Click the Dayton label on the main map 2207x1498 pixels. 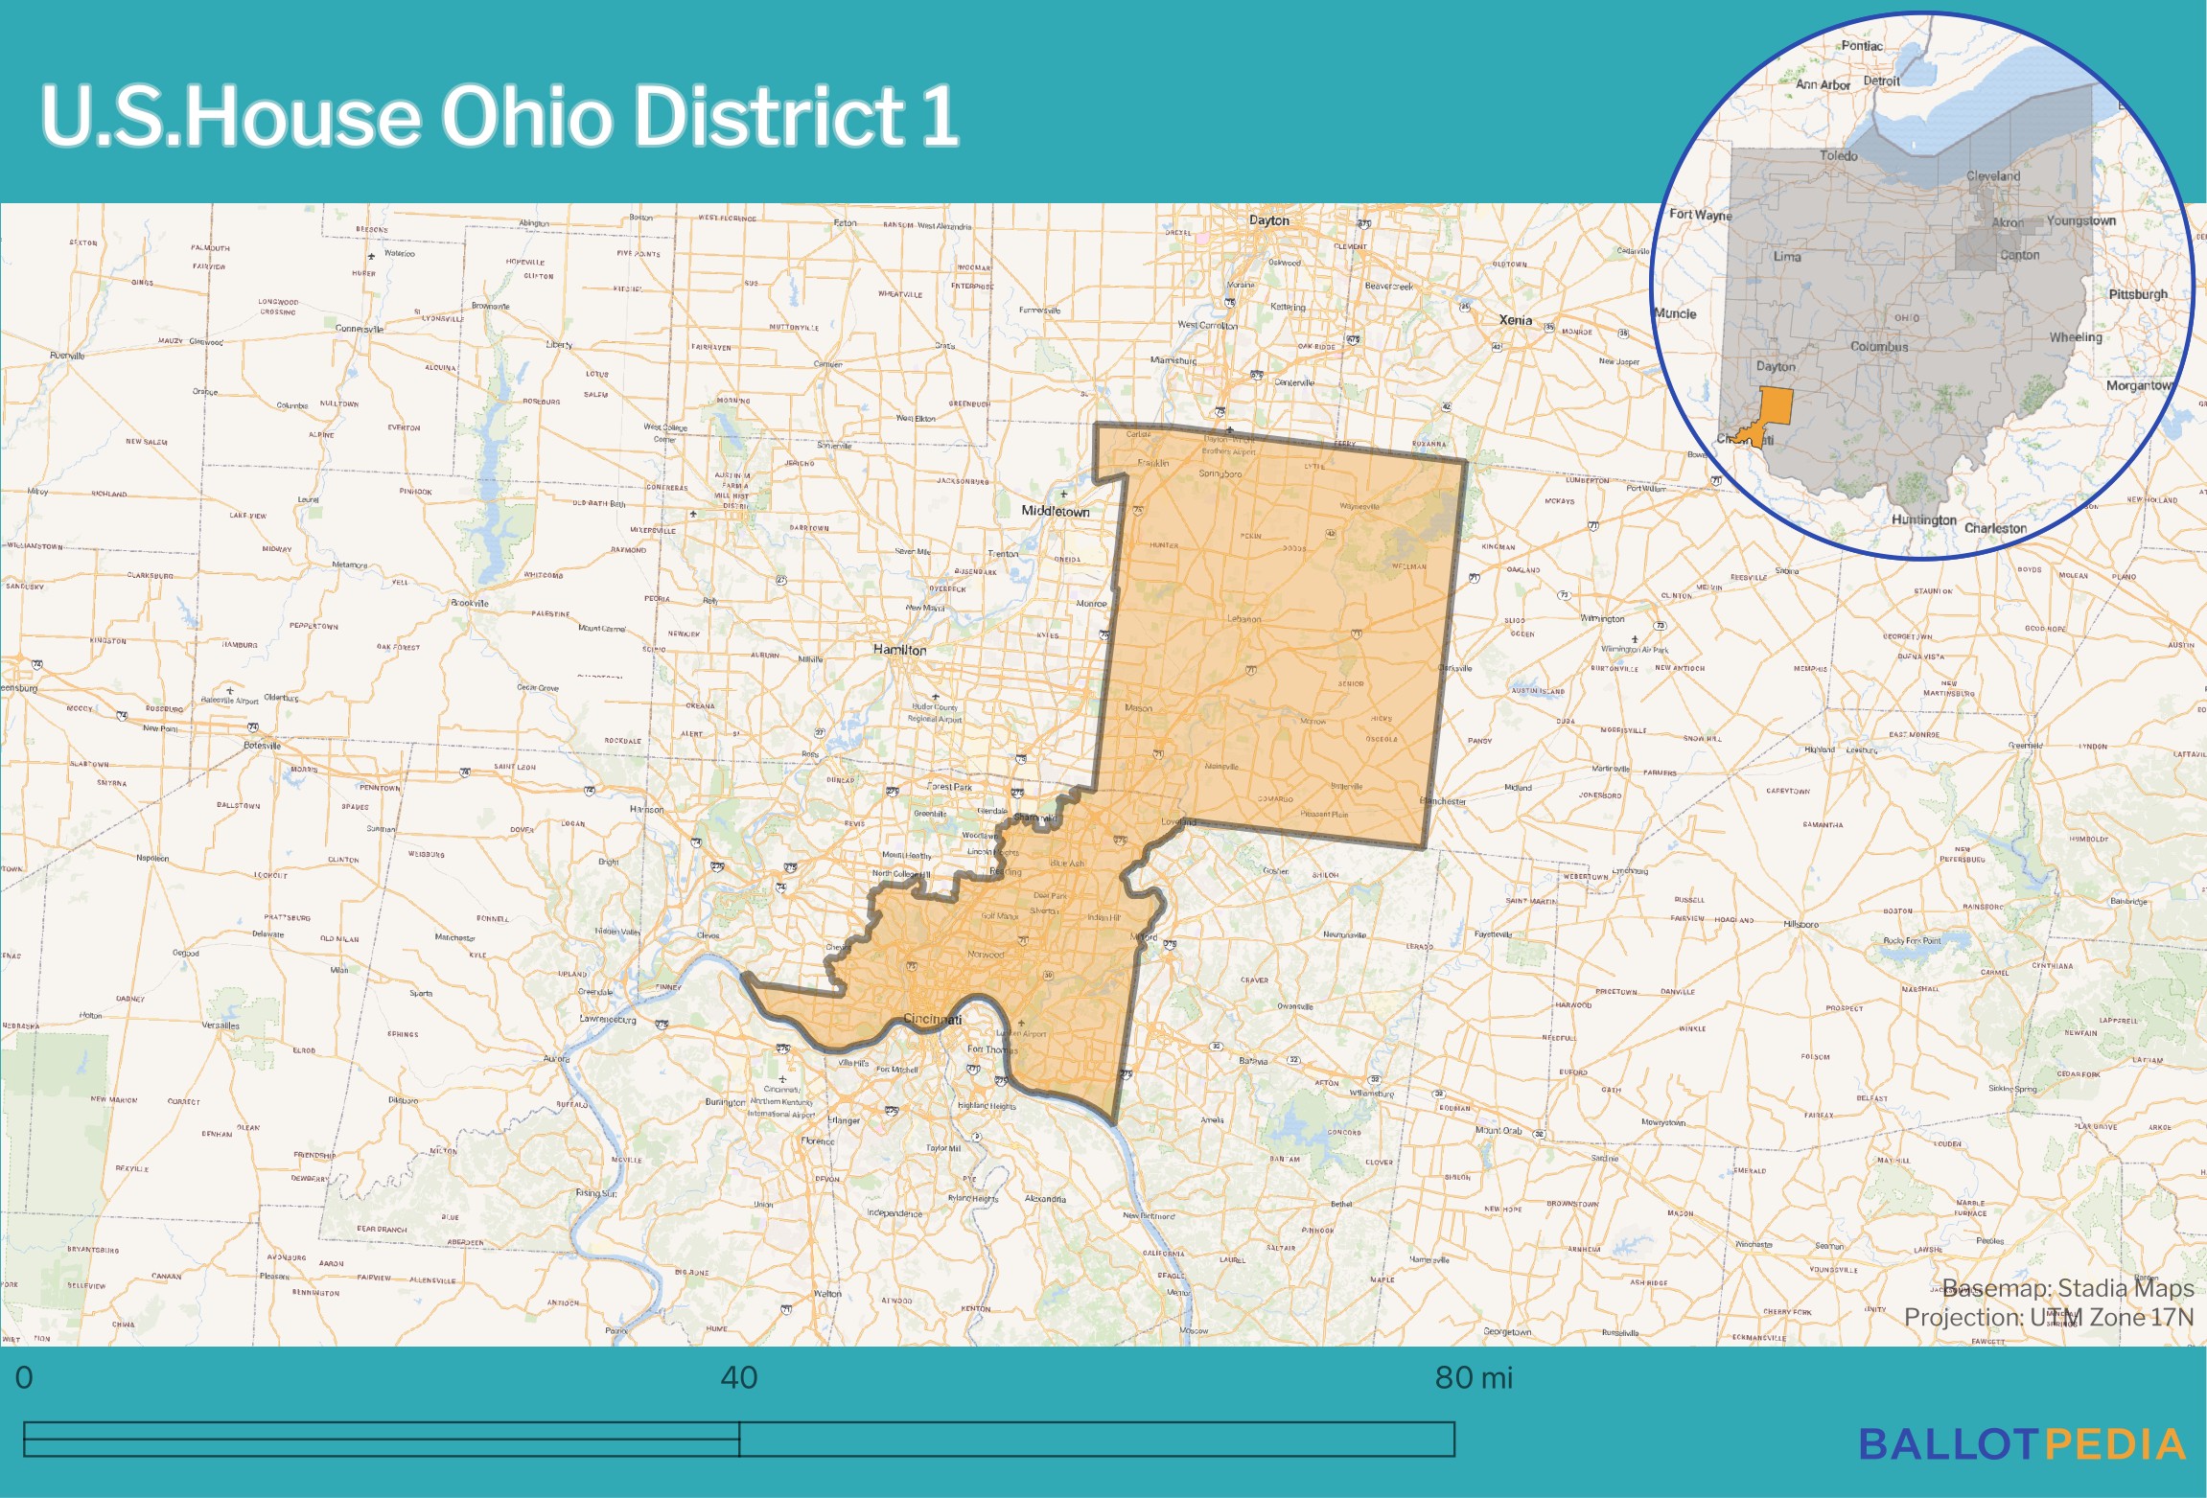1268,220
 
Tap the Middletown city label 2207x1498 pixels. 1055,512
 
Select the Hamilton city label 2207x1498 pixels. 899,650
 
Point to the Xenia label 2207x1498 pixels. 1515,320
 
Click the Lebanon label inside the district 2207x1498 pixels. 1243,619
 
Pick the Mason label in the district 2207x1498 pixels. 1138,708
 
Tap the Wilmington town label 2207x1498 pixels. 1602,619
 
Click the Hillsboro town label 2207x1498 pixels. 1800,925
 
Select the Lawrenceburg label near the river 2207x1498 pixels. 607,1019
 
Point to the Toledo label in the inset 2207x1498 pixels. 1838,155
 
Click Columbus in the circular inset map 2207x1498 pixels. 1878,347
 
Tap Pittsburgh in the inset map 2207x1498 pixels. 2137,294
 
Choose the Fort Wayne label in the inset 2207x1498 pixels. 1700,215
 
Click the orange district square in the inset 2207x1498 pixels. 1777,406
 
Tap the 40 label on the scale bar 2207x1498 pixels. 738,1377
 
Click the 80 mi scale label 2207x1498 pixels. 1473,1377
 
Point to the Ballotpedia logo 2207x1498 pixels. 2022,1444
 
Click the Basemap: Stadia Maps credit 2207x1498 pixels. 2067,1288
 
